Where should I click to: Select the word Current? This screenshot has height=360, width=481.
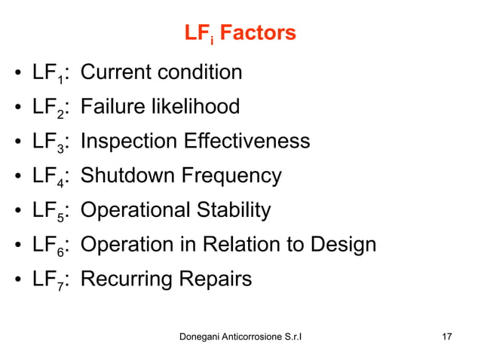point(112,72)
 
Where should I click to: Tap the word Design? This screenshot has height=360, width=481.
point(343,246)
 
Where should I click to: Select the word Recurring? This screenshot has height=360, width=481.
point(124,280)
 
